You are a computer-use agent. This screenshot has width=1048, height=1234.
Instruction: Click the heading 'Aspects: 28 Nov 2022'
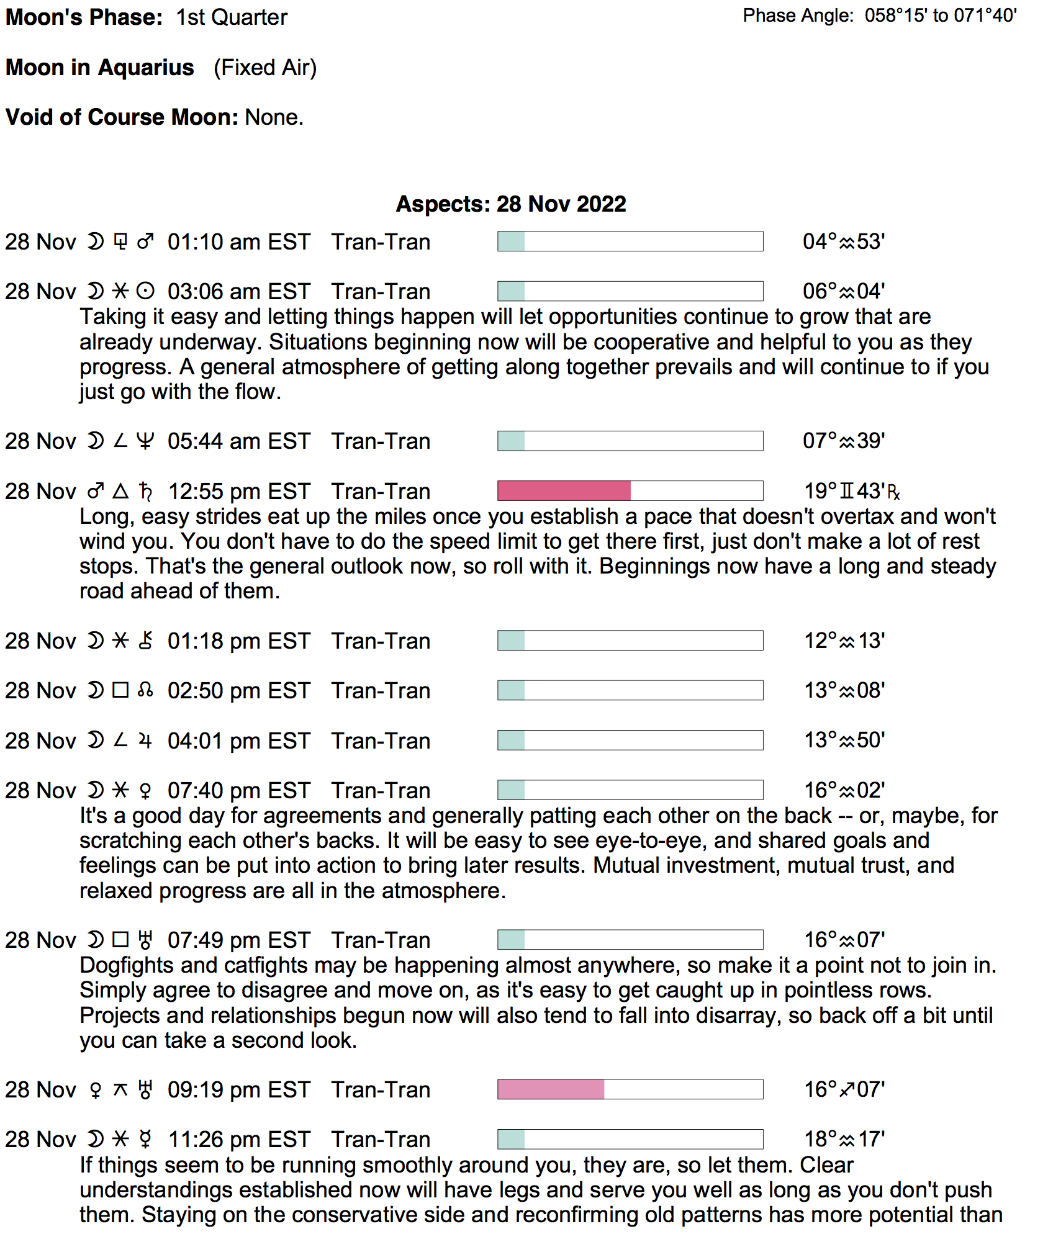coord(510,204)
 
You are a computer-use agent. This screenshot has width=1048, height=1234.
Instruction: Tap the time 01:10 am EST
coord(238,242)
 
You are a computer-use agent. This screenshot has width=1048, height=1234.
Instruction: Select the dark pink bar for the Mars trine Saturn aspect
coord(564,491)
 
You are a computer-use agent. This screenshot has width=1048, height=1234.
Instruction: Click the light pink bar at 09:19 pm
coord(551,1089)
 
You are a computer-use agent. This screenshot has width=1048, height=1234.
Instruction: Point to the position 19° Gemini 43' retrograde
coord(851,492)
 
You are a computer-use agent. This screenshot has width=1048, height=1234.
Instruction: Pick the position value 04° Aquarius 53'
coord(843,241)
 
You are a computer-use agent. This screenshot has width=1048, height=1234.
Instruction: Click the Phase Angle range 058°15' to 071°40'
coord(941,16)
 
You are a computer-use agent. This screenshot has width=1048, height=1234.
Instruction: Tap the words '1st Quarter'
coord(232,17)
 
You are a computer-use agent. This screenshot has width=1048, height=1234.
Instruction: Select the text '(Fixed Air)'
coord(265,68)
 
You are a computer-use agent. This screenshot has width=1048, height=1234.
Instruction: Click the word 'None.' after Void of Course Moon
coord(274,117)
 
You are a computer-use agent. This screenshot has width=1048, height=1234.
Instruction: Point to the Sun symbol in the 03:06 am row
coord(145,292)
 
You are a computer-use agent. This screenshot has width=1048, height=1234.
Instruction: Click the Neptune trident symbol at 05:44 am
coord(145,441)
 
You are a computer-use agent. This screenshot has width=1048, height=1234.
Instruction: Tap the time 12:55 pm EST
coord(239,492)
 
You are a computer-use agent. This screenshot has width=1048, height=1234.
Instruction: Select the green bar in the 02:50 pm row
coord(512,690)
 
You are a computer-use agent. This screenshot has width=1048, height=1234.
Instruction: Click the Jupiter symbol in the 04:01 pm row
coord(145,741)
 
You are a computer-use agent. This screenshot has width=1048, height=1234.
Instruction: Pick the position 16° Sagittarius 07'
coord(844,1089)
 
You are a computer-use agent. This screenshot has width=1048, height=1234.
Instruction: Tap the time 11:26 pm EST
coord(239,1140)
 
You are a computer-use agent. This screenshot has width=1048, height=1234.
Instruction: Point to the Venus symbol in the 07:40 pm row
coord(145,791)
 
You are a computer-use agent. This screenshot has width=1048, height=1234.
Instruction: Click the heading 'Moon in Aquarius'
coord(100,68)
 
